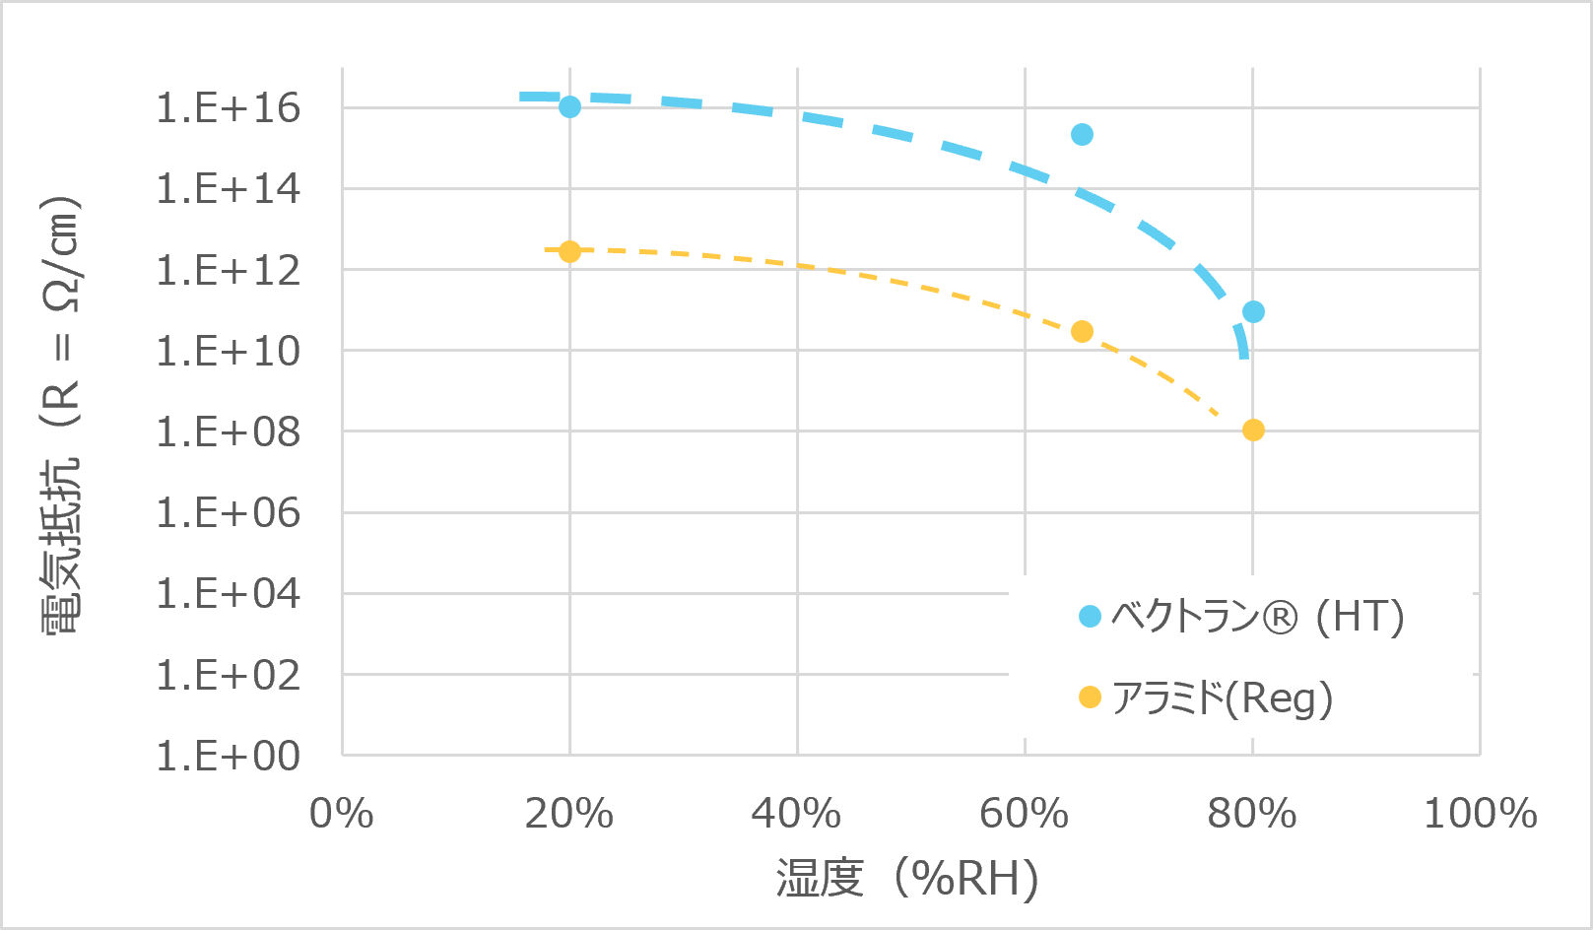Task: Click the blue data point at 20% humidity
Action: pyautogui.click(x=569, y=106)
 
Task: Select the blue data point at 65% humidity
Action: pyautogui.click(x=1082, y=134)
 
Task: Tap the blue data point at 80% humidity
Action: pyautogui.click(x=1253, y=312)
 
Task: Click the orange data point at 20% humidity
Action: pyautogui.click(x=569, y=251)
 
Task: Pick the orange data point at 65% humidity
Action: pyautogui.click(x=1082, y=331)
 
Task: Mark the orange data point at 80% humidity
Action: pyautogui.click(x=1253, y=430)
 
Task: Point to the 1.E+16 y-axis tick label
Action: pyautogui.click(x=228, y=107)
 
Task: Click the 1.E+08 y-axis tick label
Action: pyautogui.click(x=228, y=432)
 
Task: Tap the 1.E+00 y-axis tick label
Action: pyautogui.click(x=228, y=756)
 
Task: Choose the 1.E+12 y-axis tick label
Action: pyautogui.click(x=228, y=270)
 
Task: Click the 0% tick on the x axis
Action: pyautogui.click(x=341, y=814)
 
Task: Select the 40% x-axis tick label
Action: pyautogui.click(x=796, y=814)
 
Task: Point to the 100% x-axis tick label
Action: pyautogui.click(x=1480, y=814)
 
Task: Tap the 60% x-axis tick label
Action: pyautogui.click(x=1024, y=814)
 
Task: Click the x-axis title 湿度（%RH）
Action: pyautogui.click(x=907, y=878)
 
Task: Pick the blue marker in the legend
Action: pyautogui.click(x=1090, y=617)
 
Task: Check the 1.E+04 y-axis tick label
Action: pyautogui.click(x=228, y=593)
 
